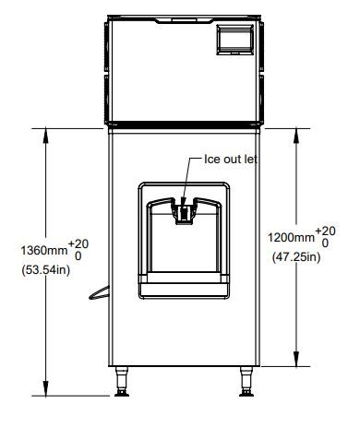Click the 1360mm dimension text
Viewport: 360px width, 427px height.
[44, 250]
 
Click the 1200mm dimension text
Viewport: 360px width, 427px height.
[291, 237]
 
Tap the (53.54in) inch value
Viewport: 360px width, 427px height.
[46, 270]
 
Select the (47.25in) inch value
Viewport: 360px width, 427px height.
[296, 256]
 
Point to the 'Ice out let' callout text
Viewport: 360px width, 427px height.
[231, 159]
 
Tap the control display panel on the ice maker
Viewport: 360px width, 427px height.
[235, 40]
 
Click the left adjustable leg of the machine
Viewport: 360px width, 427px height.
[122, 381]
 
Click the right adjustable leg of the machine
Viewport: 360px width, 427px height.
[246, 381]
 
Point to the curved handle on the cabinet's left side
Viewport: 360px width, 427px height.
[99, 293]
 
